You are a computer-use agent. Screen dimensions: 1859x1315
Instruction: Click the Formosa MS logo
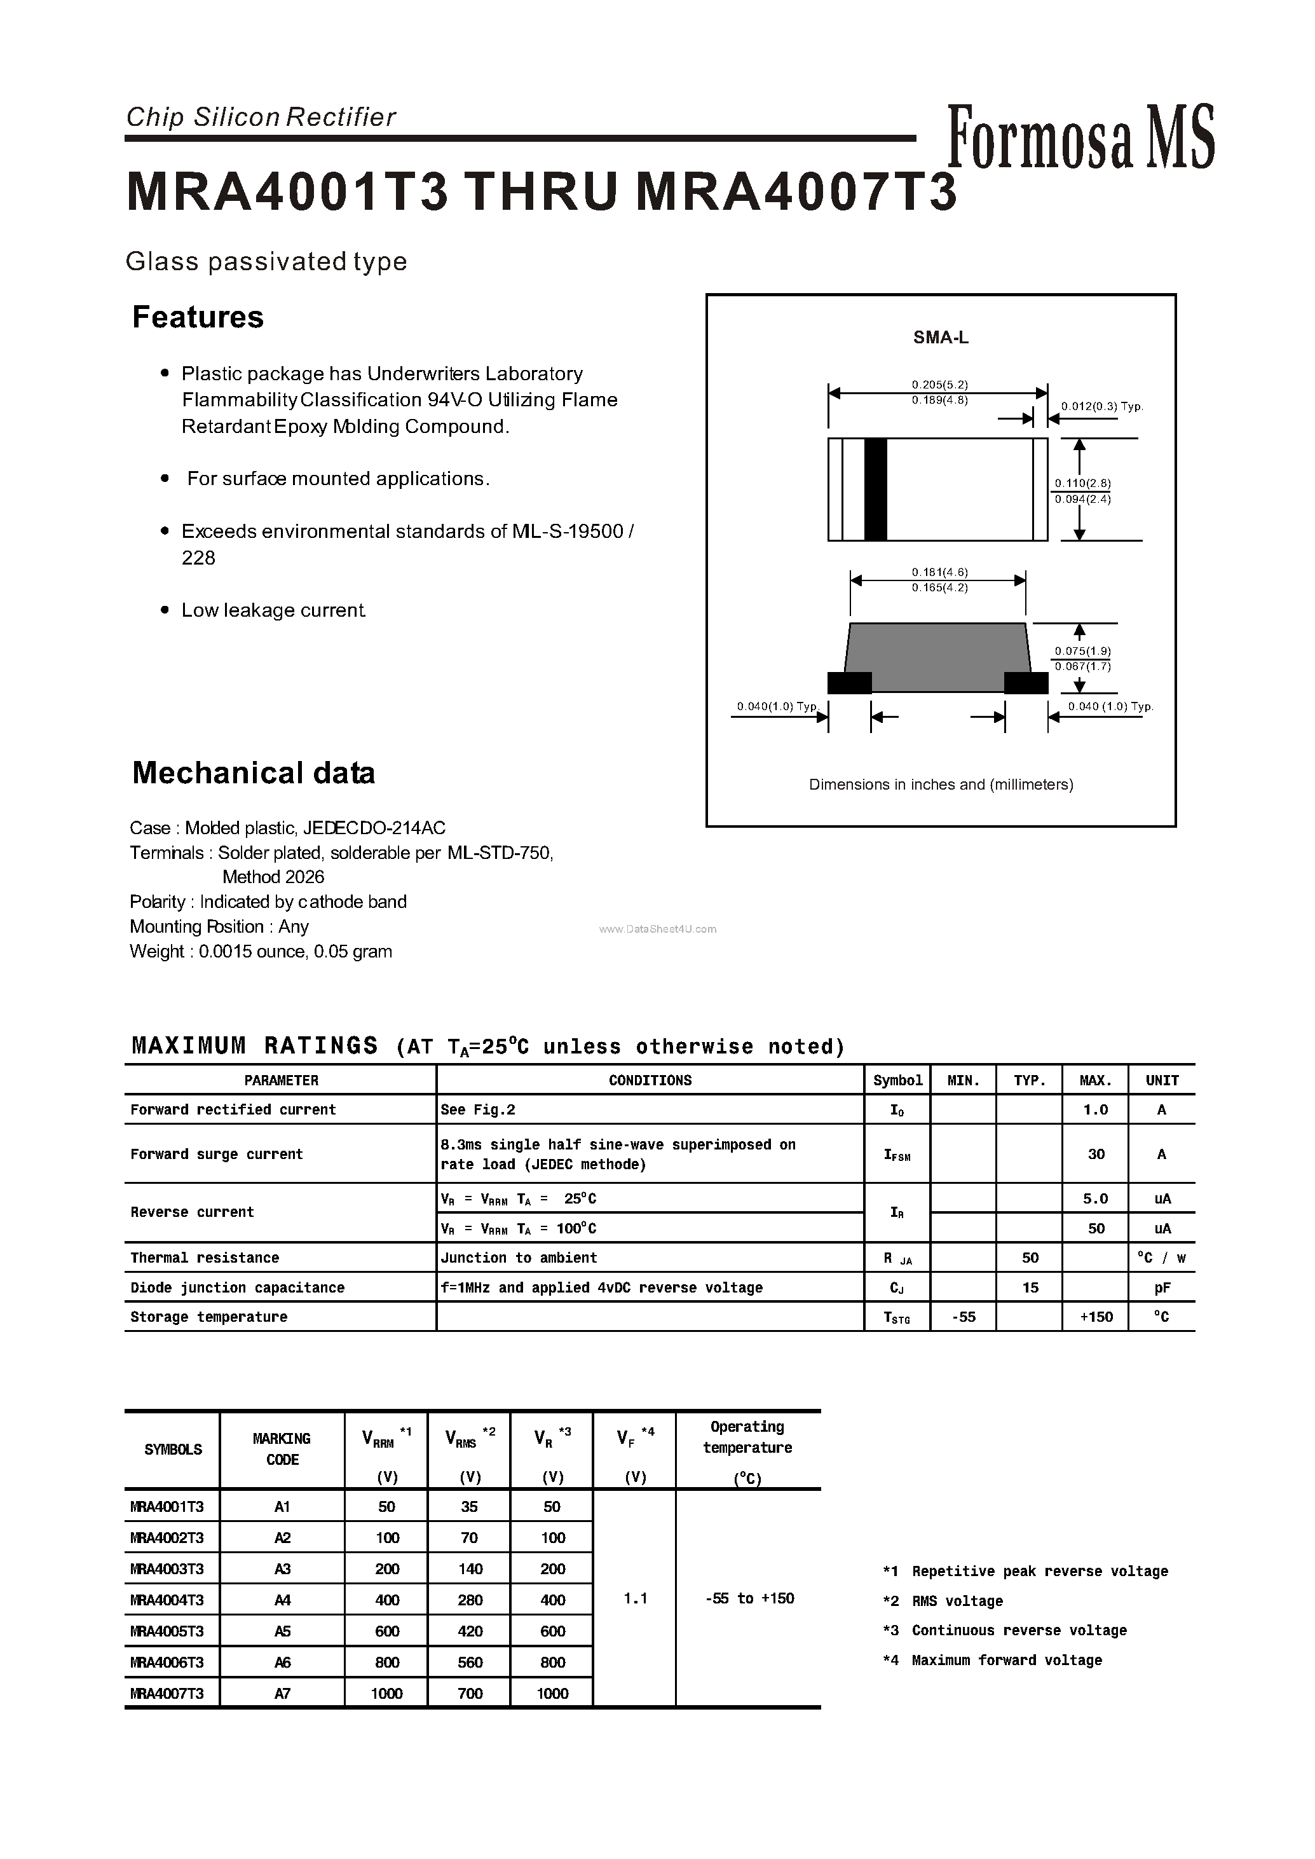tap(1080, 138)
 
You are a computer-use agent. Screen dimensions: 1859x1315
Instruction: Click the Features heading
tap(198, 317)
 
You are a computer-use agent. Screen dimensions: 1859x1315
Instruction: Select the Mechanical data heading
tap(254, 772)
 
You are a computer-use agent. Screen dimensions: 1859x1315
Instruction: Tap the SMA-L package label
tap(940, 338)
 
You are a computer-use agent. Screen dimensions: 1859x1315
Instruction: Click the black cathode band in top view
tap(875, 490)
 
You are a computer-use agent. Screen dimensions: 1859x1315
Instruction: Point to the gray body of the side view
tap(937, 656)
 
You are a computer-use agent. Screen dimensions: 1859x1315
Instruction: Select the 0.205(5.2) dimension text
tap(939, 385)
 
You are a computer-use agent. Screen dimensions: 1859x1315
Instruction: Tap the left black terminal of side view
tap(849, 683)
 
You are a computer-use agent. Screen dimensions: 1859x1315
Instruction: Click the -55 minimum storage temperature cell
tap(963, 1317)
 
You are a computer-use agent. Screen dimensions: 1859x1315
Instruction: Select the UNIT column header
tap(1161, 1081)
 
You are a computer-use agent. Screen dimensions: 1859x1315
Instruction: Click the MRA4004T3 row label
tap(167, 1600)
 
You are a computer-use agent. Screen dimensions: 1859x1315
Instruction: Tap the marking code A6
tap(282, 1662)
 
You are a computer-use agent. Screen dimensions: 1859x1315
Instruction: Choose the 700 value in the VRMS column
tap(470, 1693)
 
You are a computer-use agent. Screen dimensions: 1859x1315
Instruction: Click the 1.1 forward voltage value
tap(635, 1598)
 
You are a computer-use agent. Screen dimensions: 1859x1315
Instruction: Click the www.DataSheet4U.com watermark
tap(657, 929)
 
